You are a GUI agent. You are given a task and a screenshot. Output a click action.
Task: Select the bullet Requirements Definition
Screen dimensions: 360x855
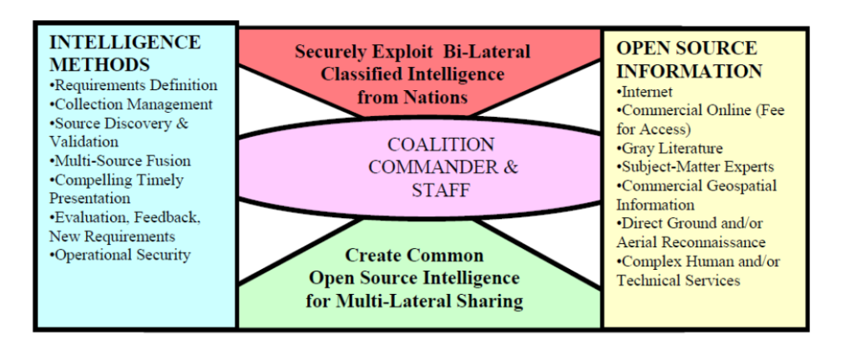coord(134,85)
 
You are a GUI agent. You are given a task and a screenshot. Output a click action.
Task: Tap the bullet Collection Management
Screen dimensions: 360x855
coord(131,104)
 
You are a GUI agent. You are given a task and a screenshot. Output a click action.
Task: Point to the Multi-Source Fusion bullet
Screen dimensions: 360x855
coord(120,160)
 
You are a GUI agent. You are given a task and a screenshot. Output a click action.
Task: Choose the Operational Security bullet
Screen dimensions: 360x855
coord(120,255)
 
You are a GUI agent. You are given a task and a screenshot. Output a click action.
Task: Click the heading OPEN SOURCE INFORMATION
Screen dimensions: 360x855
coord(689,58)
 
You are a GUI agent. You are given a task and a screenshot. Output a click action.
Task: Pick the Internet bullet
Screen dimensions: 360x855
coord(645,92)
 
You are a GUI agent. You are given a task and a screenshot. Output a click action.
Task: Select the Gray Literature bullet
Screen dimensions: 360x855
coord(670,149)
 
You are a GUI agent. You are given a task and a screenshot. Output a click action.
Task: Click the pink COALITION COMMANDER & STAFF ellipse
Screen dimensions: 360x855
coord(420,167)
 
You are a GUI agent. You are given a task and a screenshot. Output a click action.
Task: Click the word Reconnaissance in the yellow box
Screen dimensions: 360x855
coord(717,242)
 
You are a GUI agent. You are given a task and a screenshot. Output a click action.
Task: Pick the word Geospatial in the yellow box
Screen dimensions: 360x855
coord(734,185)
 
